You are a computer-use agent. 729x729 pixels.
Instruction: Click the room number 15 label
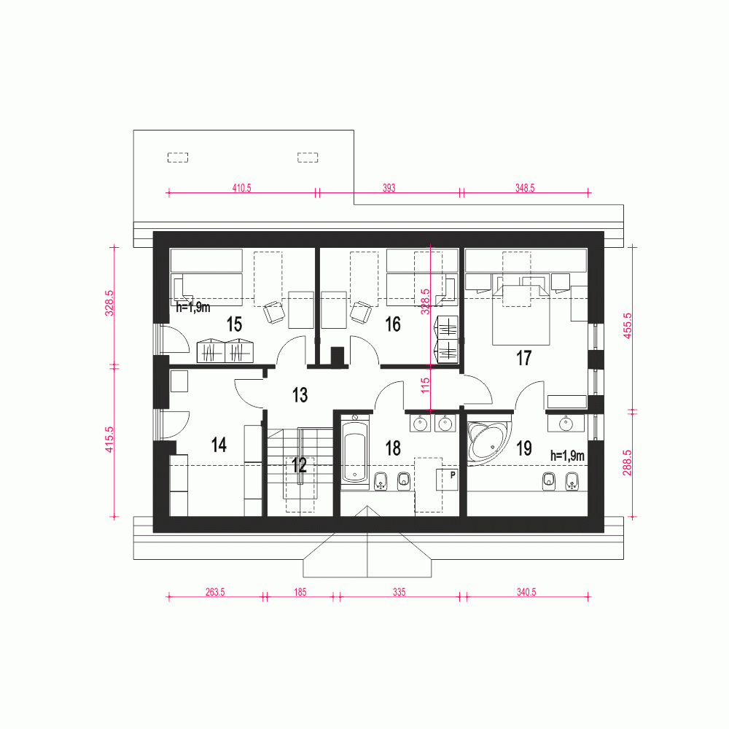pyautogui.click(x=234, y=324)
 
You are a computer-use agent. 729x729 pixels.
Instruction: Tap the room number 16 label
pyautogui.click(x=393, y=324)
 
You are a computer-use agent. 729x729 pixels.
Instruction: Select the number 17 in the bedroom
pyautogui.click(x=523, y=358)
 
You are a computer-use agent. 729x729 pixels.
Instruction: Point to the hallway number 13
pyautogui.click(x=300, y=395)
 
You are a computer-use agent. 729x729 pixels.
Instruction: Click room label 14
pyautogui.click(x=219, y=445)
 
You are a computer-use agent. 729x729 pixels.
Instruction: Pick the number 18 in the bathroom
pyautogui.click(x=393, y=448)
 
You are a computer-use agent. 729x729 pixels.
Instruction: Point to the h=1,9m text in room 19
pyautogui.click(x=568, y=456)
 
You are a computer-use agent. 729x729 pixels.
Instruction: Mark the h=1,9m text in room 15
pyautogui.click(x=193, y=308)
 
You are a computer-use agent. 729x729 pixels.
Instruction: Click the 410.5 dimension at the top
pyautogui.click(x=241, y=187)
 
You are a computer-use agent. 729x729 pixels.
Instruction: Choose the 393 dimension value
pyautogui.click(x=389, y=187)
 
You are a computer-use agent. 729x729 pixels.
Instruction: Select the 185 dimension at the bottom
pyautogui.click(x=300, y=593)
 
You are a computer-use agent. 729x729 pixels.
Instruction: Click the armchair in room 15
pyautogui.click(x=274, y=312)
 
